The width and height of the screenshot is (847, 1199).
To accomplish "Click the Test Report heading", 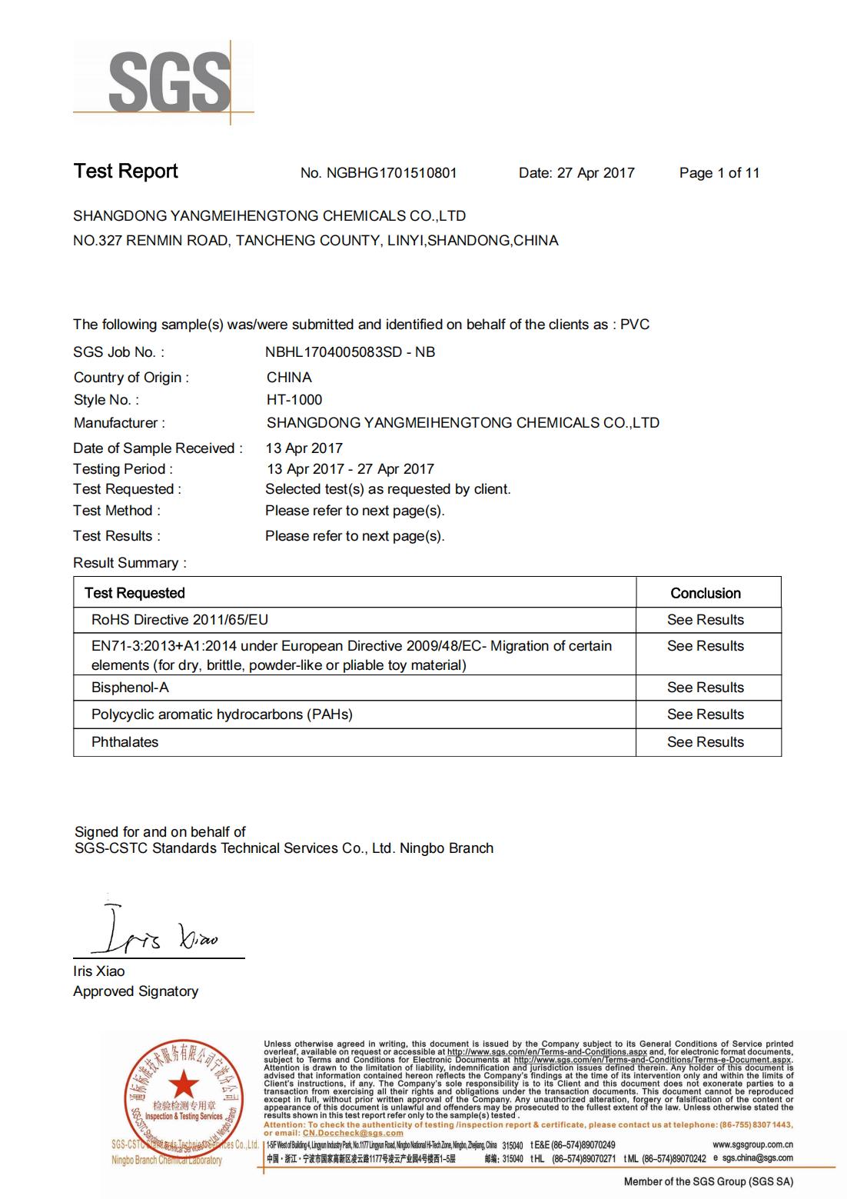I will pyautogui.click(x=125, y=172).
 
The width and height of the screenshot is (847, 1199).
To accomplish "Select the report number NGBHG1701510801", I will pyautogui.click(x=391, y=173).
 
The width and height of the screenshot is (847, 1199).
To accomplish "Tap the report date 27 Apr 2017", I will pyautogui.click(x=596, y=173).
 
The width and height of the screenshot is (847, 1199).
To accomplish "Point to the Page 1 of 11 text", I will pyautogui.click(x=719, y=173).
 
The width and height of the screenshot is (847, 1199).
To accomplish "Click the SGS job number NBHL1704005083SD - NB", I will pyautogui.click(x=350, y=352).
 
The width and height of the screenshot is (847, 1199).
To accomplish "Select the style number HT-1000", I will pyautogui.click(x=294, y=400).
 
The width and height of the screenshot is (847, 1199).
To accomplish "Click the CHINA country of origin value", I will pyautogui.click(x=289, y=378).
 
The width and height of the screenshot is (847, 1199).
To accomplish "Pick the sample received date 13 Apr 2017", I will pyautogui.click(x=304, y=448).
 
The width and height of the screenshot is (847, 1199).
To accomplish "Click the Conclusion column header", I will pyautogui.click(x=706, y=593).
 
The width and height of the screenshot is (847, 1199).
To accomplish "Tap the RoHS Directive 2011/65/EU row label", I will pyautogui.click(x=180, y=620).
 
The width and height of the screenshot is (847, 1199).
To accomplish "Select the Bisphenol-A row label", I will pyautogui.click(x=130, y=688).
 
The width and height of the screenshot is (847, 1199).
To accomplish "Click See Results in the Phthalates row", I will pyautogui.click(x=706, y=742).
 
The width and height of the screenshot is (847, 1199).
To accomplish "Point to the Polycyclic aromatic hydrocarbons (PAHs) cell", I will pyautogui.click(x=222, y=714).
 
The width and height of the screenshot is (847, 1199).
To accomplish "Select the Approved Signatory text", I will pyautogui.click(x=135, y=991).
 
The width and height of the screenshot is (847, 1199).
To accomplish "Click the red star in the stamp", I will pyautogui.click(x=183, y=1085).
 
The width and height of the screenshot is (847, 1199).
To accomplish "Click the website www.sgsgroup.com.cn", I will pyautogui.click(x=752, y=1145).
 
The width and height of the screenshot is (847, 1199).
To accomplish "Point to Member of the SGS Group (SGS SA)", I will pyautogui.click(x=708, y=1181).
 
